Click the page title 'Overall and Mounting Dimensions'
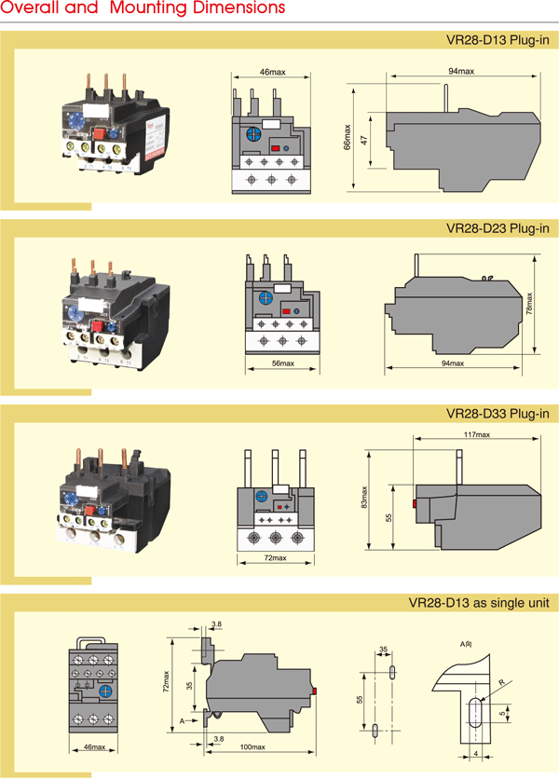pyautogui.click(x=143, y=8)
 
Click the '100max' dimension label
pyautogui.click(x=252, y=747)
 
